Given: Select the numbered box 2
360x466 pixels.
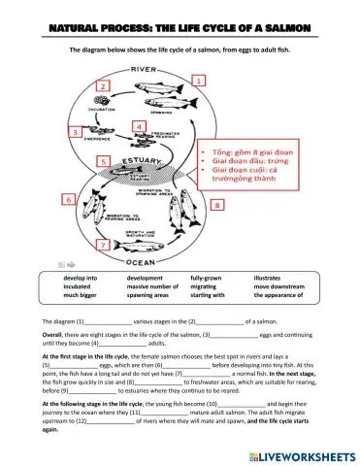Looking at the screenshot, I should click(x=103, y=87).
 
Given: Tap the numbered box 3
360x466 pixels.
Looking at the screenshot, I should click(x=74, y=131).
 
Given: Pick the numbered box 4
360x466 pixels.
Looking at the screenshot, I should click(x=139, y=127).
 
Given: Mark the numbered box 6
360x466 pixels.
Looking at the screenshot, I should click(x=69, y=199).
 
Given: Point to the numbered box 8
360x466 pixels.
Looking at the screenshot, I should click(x=217, y=206).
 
